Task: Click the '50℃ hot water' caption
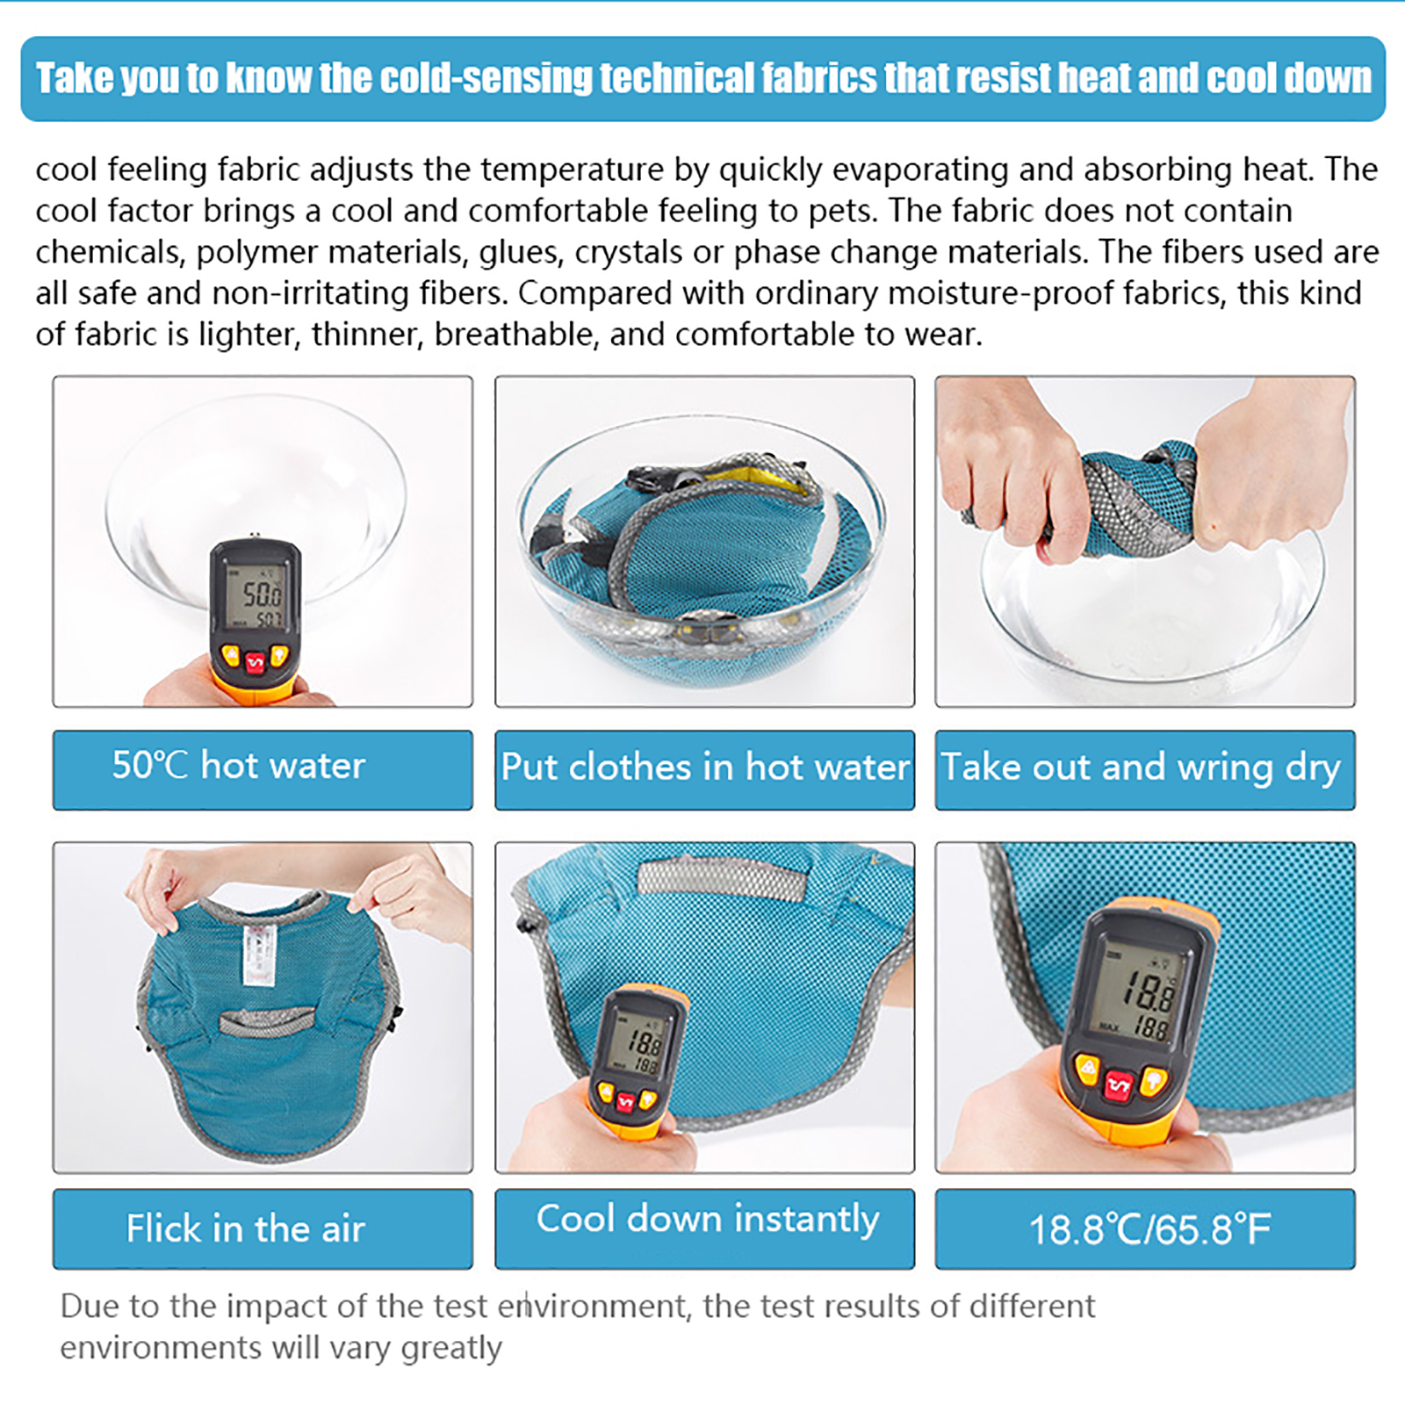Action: pyautogui.click(x=238, y=766)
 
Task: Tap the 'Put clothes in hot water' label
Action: pyautogui.click(x=705, y=767)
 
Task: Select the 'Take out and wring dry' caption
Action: pyautogui.click(x=1141, y=768)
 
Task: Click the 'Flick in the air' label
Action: pyautogui.click(x=245, y=1228)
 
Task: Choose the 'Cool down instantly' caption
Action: pyautogui.click(x=708, y=1220)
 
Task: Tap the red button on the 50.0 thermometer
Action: pyautogui.click(x=255, y=662)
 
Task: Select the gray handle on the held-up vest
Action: pyautogui.click(x=266, y=1021)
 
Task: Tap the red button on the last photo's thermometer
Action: pyautogui.click(x=1120, y=1087)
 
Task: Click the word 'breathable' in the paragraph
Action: pyautogui.click(x=516, y=335)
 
